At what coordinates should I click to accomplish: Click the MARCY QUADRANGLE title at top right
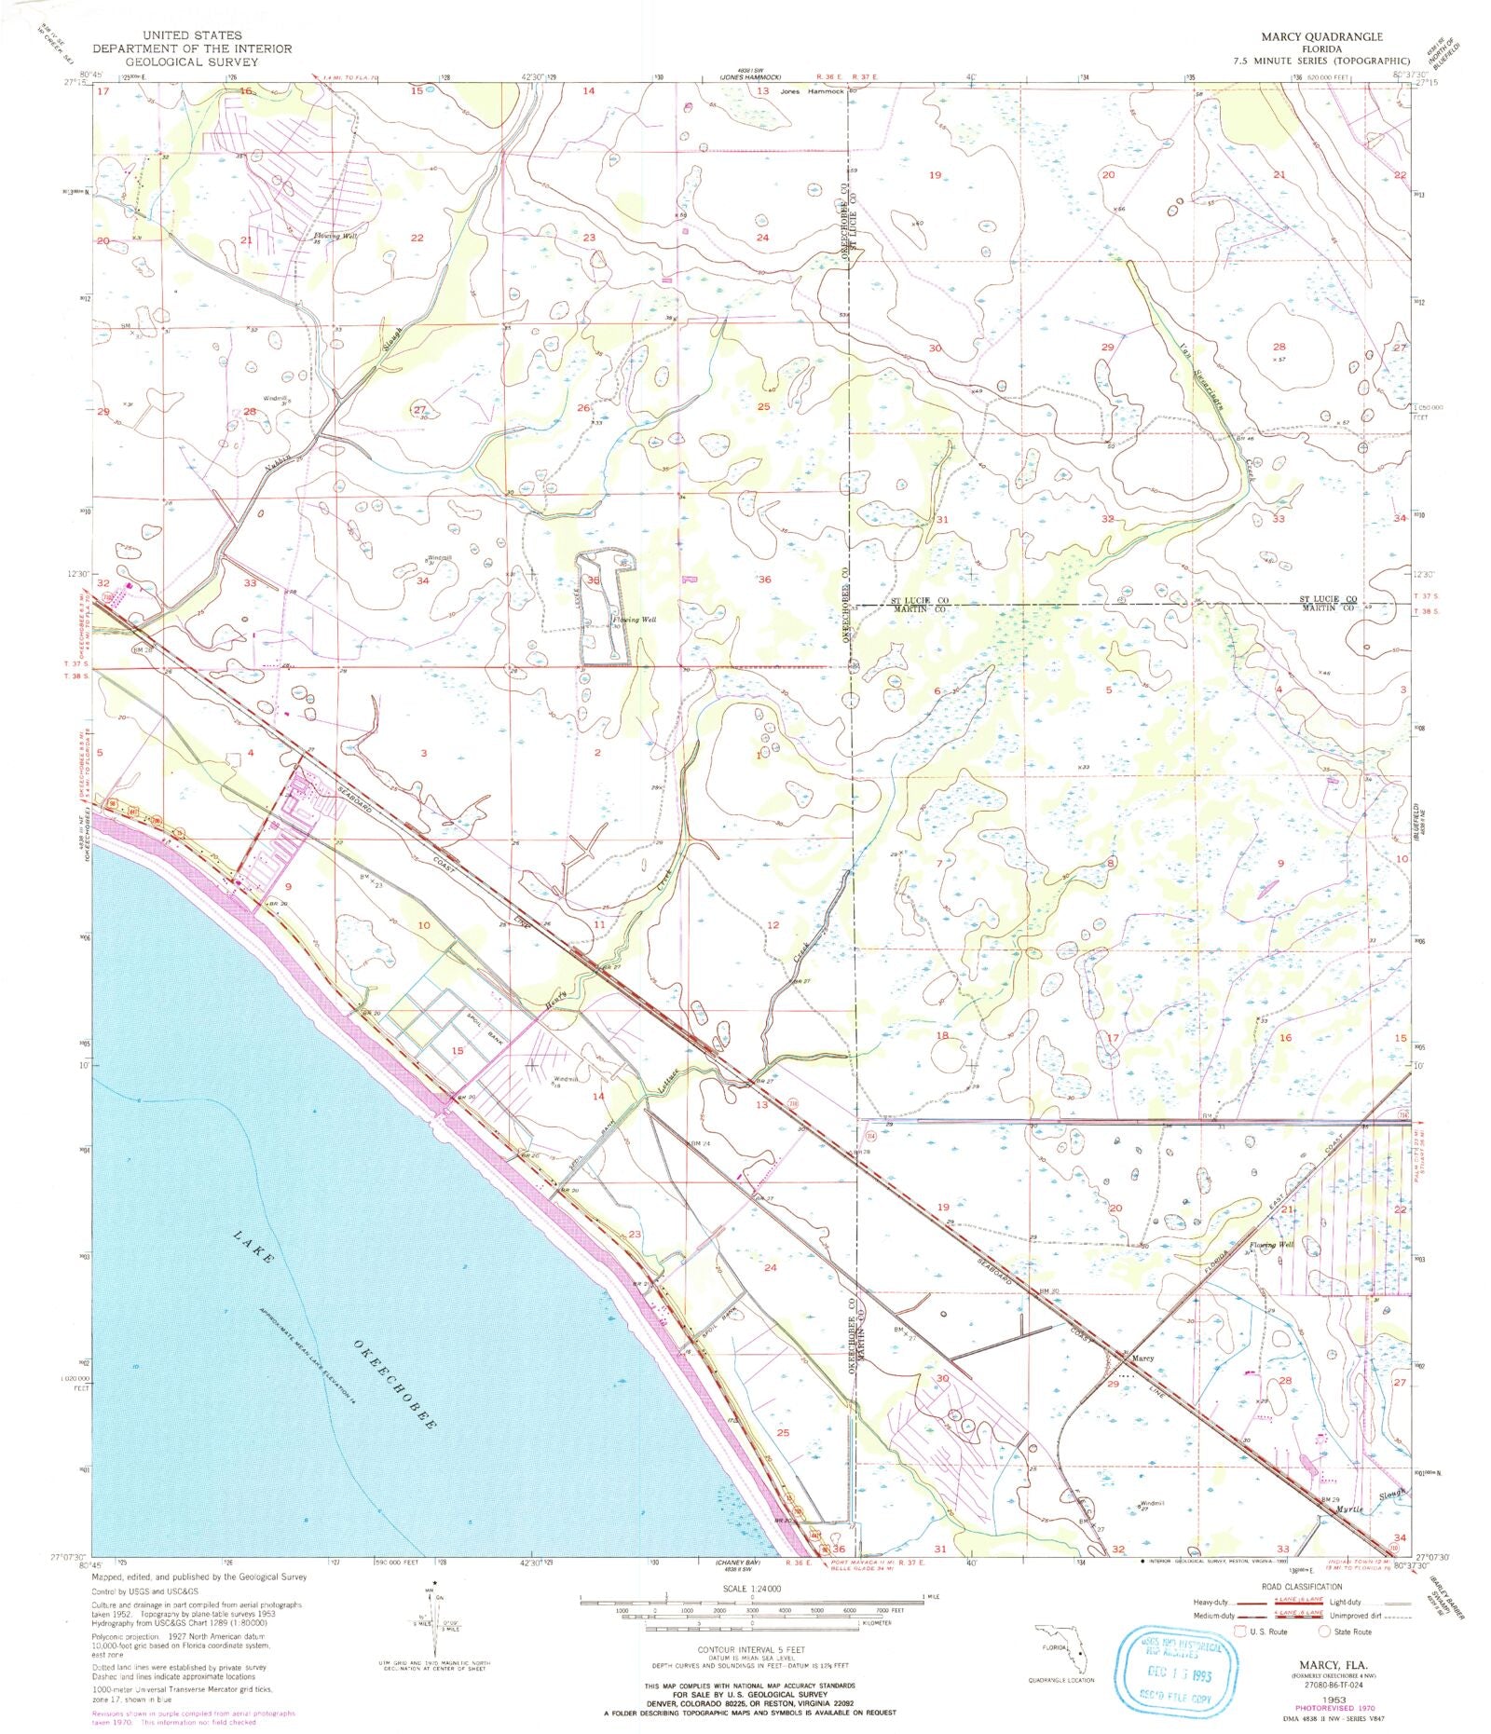click(1321, 36)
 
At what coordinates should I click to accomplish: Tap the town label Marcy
click(1143, 1359)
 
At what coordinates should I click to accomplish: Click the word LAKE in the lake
click(253, 1247)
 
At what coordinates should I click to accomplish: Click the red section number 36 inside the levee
click(593, 580)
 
